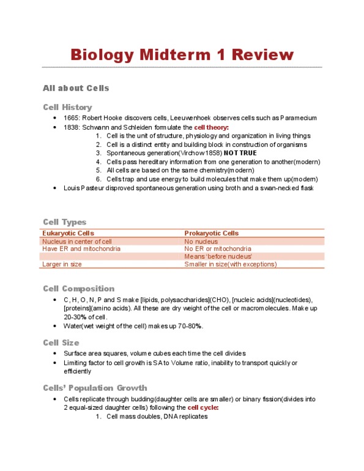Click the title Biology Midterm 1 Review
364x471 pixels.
pos(182,54)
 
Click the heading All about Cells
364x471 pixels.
pos(76,88)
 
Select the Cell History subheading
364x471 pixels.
pos(67,107)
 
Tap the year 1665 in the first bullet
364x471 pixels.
pos(71,117)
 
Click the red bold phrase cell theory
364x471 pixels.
pos(211,127)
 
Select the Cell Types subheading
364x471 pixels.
pos(64,222)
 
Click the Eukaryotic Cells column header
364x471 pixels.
pos(67,233)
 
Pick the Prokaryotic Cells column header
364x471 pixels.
pos(211,233)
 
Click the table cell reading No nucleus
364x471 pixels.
pos(201,242)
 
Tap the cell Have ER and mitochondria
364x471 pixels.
pos(81,249)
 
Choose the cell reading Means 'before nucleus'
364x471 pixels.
pos(218,257)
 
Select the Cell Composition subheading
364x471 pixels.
pos(78,288)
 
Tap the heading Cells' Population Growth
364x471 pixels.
pos(95,387)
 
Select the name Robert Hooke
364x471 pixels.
pos(106,117)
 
